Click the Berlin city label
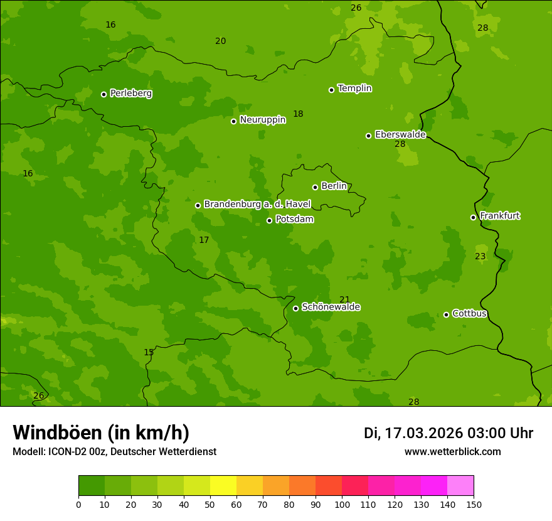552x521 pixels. [334, 186]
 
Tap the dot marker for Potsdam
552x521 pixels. [269, 220]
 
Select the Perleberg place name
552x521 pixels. [131, 94]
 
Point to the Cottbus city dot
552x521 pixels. [446, 314]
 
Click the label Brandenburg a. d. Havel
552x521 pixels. [257, 205]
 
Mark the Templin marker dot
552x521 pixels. [331, 90]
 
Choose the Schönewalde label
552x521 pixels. [331, 307]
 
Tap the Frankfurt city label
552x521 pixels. [499, 216]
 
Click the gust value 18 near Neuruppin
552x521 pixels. [298, 114]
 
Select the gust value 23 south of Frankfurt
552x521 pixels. [480, 256]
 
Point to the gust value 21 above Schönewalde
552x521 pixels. [344, 299]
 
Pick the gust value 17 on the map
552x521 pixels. [204, 240]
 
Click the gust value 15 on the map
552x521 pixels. [149, 352]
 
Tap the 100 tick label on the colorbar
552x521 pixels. [342, 504]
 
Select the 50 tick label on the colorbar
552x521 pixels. [210, 504]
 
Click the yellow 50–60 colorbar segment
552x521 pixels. [223, 486]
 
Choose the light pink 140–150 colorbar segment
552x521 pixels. [460, 486]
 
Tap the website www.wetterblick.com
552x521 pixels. [452, 451]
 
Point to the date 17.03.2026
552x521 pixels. [423, 433]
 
